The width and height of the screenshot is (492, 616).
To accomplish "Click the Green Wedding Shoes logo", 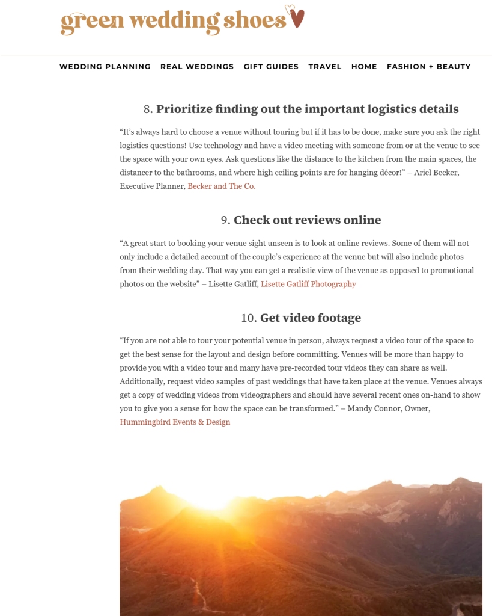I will click(174, 20).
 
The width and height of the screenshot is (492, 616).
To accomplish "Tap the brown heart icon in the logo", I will click(297, 18).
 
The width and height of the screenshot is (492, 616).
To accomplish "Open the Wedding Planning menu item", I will click(105, 67).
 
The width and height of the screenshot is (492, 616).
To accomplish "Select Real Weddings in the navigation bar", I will click(197, 67).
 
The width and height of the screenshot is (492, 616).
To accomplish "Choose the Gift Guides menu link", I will click(271, 67).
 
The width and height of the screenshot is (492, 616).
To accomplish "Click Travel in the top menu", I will click(325, 67).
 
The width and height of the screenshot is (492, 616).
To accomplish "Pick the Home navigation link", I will click(364, 67).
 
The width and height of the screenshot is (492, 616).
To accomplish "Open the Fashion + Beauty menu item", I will click(428, 67).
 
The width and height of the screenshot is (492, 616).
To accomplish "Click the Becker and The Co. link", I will click(222, 186).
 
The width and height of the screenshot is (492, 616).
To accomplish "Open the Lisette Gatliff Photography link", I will click(308, 284).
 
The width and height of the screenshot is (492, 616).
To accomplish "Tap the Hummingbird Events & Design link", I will click(175, 422).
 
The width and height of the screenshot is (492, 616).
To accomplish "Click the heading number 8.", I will click(147, 109).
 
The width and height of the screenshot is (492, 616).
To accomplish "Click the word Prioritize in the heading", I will click(184, 109).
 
